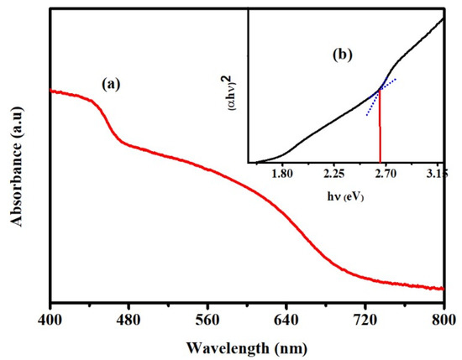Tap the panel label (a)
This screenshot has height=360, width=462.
point(113,84)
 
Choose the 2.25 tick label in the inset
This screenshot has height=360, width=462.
point(334,175)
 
